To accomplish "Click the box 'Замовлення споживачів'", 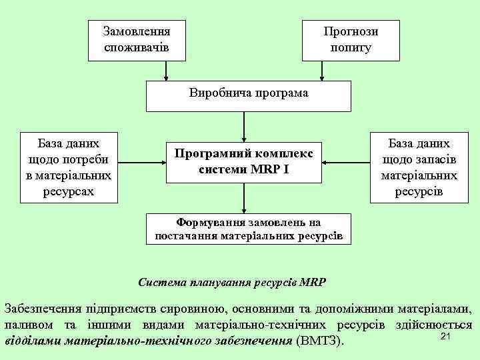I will [x=137, y=39].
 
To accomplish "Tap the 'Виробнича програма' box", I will [x=249, y=96].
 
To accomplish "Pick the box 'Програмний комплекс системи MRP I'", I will [x=244, y=161].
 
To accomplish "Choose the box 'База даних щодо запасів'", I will [x=419, y=167].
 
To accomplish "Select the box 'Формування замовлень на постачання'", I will [x=249, y=229].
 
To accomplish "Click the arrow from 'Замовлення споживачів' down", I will [x=167, y=71].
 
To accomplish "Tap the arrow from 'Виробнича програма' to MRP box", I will [x=244, y=126].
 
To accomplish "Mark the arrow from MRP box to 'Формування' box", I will [x=244, y=198].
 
